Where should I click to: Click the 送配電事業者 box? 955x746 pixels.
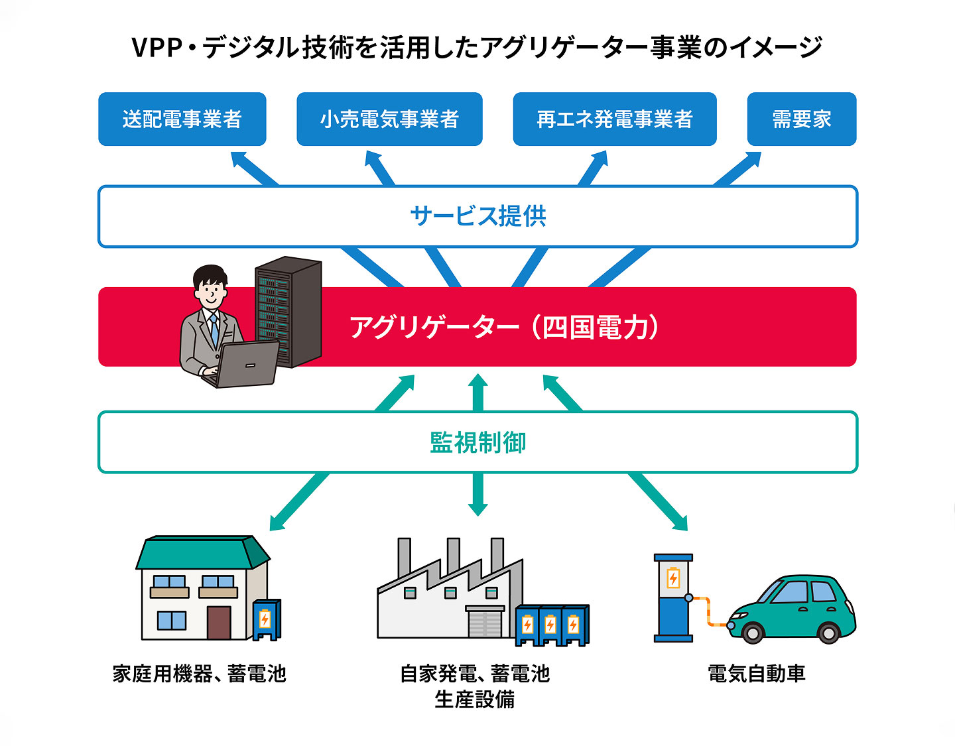182,119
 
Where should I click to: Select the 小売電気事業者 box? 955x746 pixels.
389,119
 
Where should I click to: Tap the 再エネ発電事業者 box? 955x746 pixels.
614,119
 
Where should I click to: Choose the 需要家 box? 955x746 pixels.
801,119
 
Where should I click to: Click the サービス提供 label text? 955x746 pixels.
477,217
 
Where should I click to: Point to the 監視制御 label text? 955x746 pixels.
477,442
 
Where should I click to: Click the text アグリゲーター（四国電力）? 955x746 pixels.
504,327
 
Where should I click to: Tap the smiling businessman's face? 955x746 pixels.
210,292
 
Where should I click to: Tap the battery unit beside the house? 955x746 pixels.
265,619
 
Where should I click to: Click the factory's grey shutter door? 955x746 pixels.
485,623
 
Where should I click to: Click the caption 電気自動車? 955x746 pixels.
756,674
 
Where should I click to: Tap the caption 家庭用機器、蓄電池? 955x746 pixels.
199,674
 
